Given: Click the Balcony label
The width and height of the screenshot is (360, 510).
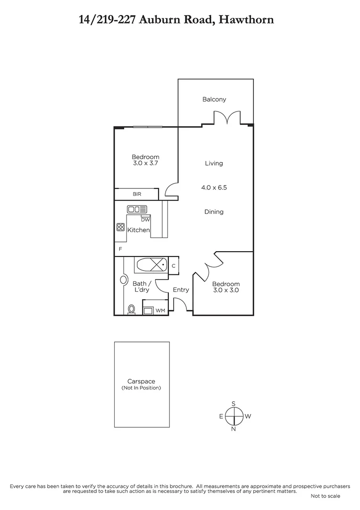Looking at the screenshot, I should click(214, 99).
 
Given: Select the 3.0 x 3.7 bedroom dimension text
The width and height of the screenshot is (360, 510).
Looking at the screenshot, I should click(145, 164).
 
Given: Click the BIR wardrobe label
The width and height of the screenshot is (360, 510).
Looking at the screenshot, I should click(137, 194).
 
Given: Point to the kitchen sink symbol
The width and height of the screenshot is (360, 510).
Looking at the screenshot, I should click(137, 209).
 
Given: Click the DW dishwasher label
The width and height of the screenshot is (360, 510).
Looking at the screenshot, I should click(145, 219).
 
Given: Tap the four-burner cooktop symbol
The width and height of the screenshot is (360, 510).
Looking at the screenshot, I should click(120, 227).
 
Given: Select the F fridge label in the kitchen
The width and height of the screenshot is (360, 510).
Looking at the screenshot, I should click(120, 249).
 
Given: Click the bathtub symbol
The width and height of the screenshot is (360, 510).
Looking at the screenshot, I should click(151, 265).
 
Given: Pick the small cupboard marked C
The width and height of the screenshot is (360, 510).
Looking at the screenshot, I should click(174, 266).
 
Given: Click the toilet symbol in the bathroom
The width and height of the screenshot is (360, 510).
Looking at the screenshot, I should click(131, 309).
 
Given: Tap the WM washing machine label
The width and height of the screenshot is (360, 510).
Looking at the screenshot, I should click(160, 311).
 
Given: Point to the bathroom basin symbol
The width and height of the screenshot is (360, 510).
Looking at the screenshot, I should click(124, 280).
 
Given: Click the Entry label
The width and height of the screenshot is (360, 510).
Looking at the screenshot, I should click(181, 290).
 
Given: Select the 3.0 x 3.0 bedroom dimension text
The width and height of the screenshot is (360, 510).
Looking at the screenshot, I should click(226, 290).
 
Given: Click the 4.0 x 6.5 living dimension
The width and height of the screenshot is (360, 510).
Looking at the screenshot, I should click(214, 187).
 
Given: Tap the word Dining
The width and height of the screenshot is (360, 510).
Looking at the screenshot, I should click(214, 212).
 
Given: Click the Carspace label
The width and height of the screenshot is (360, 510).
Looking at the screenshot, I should click(141, 382).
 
